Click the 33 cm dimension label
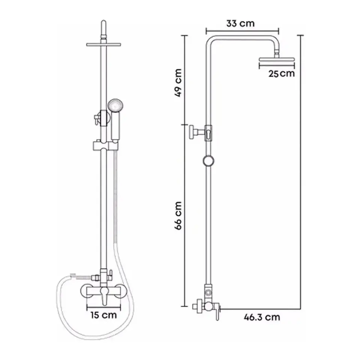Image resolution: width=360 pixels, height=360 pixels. point(240,23)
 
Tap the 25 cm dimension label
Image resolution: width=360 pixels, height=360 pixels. point(282,74)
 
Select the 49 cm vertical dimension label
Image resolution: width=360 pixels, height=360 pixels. point(178,82)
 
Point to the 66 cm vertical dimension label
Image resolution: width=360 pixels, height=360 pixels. point(178,216)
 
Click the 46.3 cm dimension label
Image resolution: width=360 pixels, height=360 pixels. point(262,317)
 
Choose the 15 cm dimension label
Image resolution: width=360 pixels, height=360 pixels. point(103,315)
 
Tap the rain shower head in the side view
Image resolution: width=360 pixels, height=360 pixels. point(277,60)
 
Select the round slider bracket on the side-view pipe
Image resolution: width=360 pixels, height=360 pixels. point(208,161)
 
